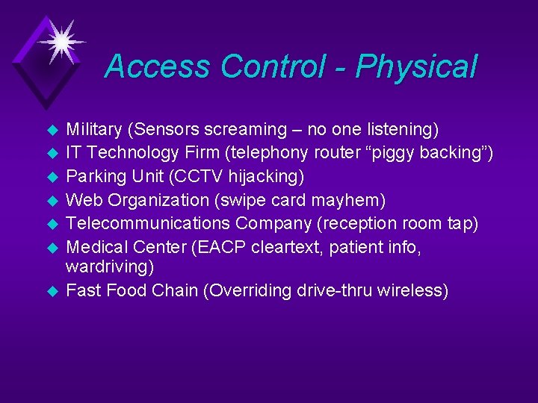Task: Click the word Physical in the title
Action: point(416,67)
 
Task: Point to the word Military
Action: point(94,130)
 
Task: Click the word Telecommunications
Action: point(148,224)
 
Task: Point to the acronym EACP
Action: point(213,247)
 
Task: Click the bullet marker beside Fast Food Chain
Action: point(52,291)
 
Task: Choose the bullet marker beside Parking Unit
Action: point(52,178)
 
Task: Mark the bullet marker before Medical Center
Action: point(52,248)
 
